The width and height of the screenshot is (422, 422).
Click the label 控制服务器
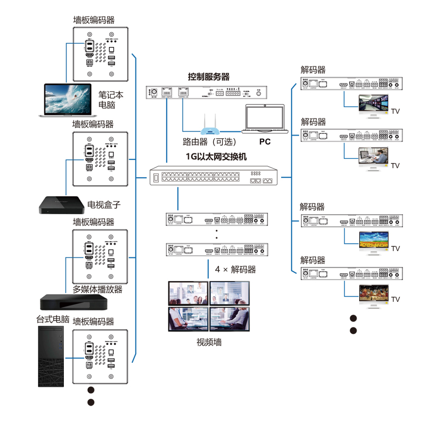209,77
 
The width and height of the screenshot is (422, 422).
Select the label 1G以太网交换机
216,157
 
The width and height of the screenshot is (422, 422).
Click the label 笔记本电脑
111,100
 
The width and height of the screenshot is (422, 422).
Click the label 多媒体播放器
98,290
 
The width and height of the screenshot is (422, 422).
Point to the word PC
264,142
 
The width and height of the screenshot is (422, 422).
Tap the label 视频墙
209,342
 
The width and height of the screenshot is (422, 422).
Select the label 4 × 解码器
235,270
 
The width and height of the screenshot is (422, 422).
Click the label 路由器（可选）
209,142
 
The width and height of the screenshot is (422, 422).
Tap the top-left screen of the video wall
187,293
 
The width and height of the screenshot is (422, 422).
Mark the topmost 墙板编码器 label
94,21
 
